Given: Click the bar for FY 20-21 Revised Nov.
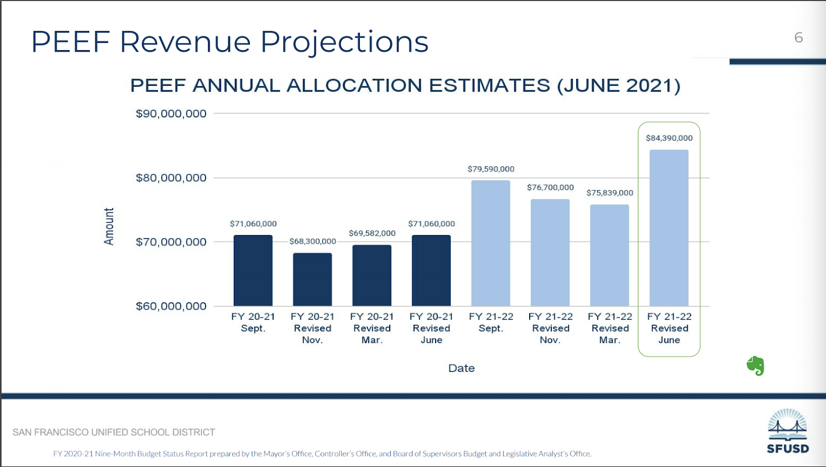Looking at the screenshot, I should (312, 279).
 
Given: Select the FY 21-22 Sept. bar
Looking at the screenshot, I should (490, 243).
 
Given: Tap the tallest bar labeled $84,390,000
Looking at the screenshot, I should (669, 228).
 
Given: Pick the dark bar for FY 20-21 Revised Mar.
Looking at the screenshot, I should (372, 275).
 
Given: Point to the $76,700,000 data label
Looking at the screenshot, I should (550, 188).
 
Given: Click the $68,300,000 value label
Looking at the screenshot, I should (312, 241).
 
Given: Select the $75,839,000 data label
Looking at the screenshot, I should (610, 193).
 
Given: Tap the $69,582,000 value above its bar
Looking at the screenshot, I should (372, 233).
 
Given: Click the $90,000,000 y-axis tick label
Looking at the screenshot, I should (171, 114).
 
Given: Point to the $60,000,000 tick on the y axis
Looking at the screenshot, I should (171, 306).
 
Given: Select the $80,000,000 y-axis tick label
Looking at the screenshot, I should (171, 178).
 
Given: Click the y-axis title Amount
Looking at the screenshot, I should (109, 226).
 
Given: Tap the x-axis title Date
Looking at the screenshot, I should (462, 368).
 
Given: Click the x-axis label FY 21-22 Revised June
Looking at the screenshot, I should (669, 328).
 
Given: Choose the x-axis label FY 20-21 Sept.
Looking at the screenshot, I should (253, 322).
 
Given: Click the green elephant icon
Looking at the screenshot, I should (755, 366).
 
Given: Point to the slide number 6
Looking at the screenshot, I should (799, 38).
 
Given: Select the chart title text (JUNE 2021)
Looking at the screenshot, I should (618, 86).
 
